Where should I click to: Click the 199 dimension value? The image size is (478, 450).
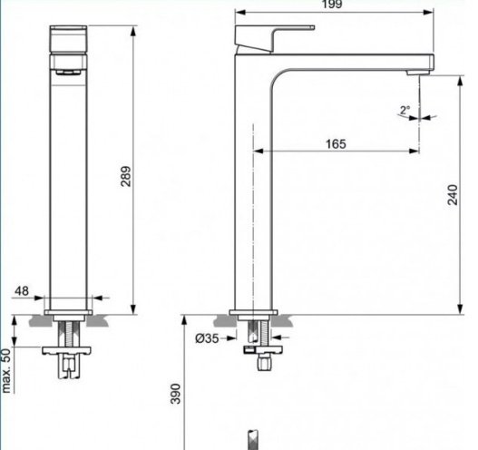(332, 5)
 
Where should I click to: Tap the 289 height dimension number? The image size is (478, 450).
(125, 176)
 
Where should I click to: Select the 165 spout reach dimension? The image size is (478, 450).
(336, 144)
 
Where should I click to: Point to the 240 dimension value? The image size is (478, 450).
(453, 195)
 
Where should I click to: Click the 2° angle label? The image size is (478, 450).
(405, 110)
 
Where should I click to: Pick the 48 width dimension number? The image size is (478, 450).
(22, 291)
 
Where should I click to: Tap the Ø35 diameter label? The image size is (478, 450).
(207, 338)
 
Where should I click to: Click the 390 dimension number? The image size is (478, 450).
(175, 394)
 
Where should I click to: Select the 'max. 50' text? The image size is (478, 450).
(6, 371)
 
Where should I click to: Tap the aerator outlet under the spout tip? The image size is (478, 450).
(418, 73)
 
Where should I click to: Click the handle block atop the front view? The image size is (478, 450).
(68, 40)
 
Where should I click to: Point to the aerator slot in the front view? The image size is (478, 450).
(69, 73)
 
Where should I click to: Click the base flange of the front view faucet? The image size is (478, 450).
(68, 312)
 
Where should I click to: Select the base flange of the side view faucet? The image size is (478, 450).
(253, 312)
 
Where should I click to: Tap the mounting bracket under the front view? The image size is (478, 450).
(66, 351)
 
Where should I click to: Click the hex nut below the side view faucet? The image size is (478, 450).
(263, 362)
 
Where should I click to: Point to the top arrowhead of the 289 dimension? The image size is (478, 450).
(133, 32)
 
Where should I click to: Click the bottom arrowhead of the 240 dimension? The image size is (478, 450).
(461, 308)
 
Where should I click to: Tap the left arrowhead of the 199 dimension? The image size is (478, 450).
(240, 12)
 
